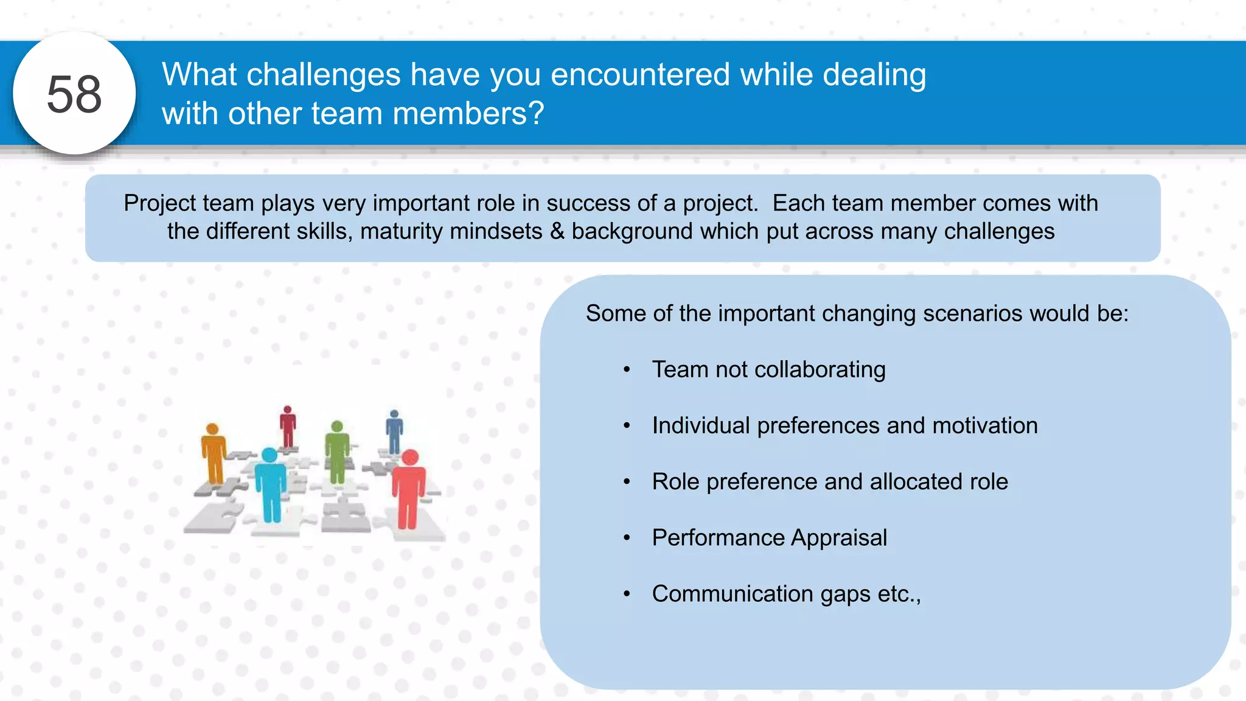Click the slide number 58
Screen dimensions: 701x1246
tap(74, 94)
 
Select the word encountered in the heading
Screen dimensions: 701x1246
tap(639, 74)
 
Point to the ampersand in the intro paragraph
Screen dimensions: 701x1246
tap(557, 231)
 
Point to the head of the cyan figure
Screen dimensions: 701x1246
tap(270, 455)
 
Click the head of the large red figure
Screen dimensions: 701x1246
tap(411, 458)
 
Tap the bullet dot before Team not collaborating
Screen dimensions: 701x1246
tap(627, 370)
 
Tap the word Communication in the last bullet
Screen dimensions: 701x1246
tap(732, 593)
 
